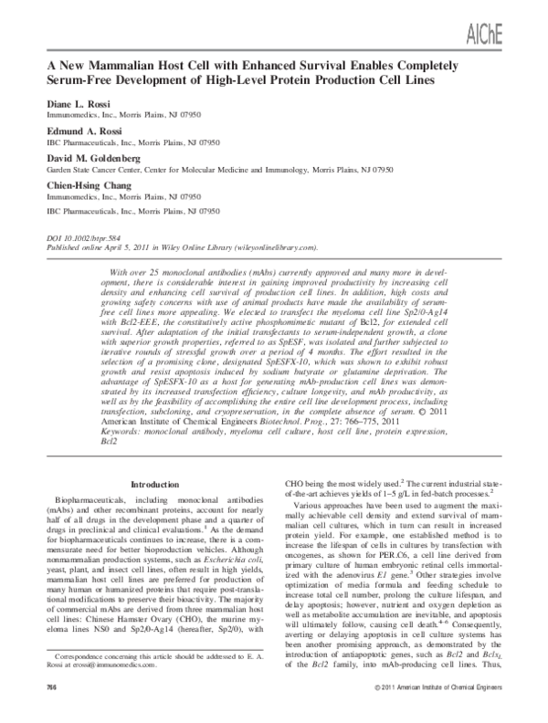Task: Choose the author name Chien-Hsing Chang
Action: [79, 183]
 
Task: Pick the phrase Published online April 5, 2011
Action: [100, 246]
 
